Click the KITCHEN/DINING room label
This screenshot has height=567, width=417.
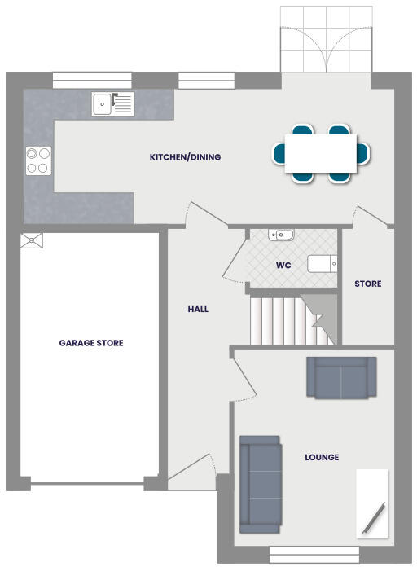[x=185, y=157]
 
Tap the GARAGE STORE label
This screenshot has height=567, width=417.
[x=91, y=343]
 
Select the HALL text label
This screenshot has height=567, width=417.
[x=198, y=310]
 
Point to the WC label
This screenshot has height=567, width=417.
[x=283, y=266]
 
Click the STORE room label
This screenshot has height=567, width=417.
[x=367, y=284]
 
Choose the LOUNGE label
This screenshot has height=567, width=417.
[x=322, y=457]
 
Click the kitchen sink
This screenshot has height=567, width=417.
[x=112, y=103]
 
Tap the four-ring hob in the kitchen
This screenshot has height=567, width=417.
[x=37, y=160]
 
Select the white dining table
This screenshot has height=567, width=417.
[x=320, y=153]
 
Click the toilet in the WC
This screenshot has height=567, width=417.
[x=322, y=264]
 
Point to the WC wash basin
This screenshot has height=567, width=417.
[x=281, y=235]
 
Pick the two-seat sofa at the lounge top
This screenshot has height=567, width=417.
[x=341, y=377]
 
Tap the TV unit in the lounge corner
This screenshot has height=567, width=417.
[x=372, y=503]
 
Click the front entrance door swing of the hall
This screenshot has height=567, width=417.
[x=194, y=470]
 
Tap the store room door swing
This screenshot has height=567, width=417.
[x=367, y=216]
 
